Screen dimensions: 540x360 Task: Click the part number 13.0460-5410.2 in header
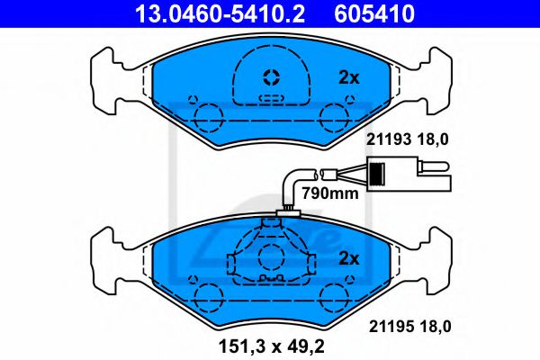point(220,13)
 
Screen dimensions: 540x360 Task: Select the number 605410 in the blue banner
point(374,13)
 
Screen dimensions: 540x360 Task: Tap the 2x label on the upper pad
point(349,78)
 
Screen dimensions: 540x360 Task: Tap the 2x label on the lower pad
point(349,258)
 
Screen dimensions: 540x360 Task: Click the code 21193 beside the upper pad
point(389,139)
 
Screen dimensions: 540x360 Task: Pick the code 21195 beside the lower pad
point(391,327)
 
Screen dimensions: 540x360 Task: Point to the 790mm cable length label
point(330,193)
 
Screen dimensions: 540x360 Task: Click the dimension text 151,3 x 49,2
point(272,346)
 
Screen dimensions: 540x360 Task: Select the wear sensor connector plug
point(409,174)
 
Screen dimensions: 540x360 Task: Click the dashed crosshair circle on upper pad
point(272,77)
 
